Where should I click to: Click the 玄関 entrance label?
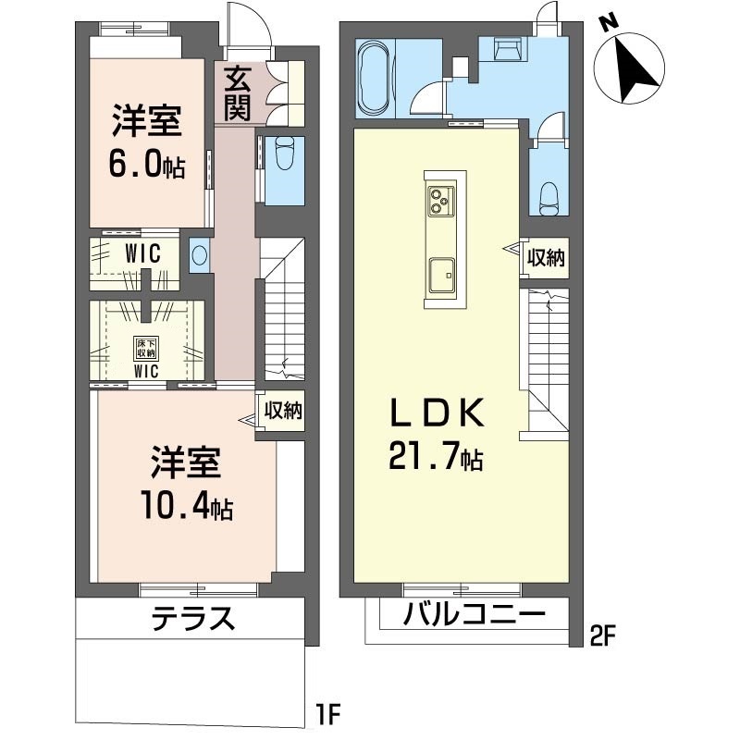[x=237, y=94]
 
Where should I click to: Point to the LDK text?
[x=437, y=413]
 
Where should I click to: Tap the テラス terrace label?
[x=193, y=619]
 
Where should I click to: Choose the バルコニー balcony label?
[x=474, y=614]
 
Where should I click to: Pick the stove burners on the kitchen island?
[x=441, y=201]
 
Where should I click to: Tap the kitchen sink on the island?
[x=442, y=275]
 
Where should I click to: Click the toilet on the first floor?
[x=284, y=153]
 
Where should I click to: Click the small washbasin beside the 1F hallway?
[x=199, y=255]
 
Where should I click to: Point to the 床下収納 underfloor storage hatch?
[x=146, y=349]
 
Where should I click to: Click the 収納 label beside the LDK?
[x=546, y=258]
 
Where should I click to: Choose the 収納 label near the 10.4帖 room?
[x=283, y=411]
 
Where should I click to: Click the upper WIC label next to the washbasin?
[x=142, y=253]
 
